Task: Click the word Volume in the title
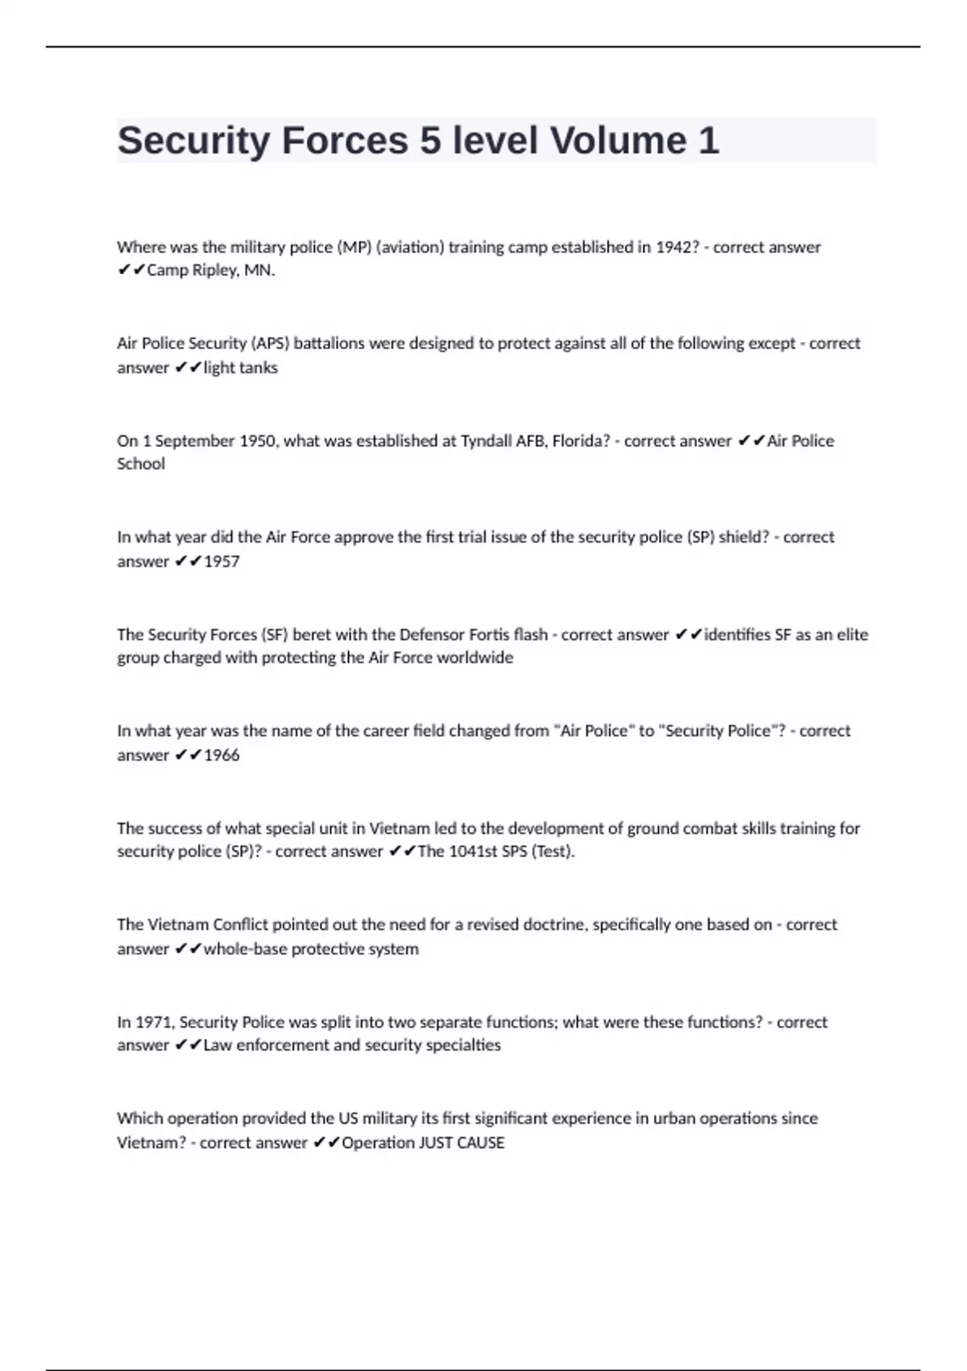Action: coord(618,141)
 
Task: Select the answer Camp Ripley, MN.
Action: coord(210,270)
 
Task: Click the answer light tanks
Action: coord(240,368)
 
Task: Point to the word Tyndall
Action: coord(490,441)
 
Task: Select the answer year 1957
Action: coord(222,561)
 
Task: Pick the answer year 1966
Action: coord(222,755)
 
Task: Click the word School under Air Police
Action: coord(141,464)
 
